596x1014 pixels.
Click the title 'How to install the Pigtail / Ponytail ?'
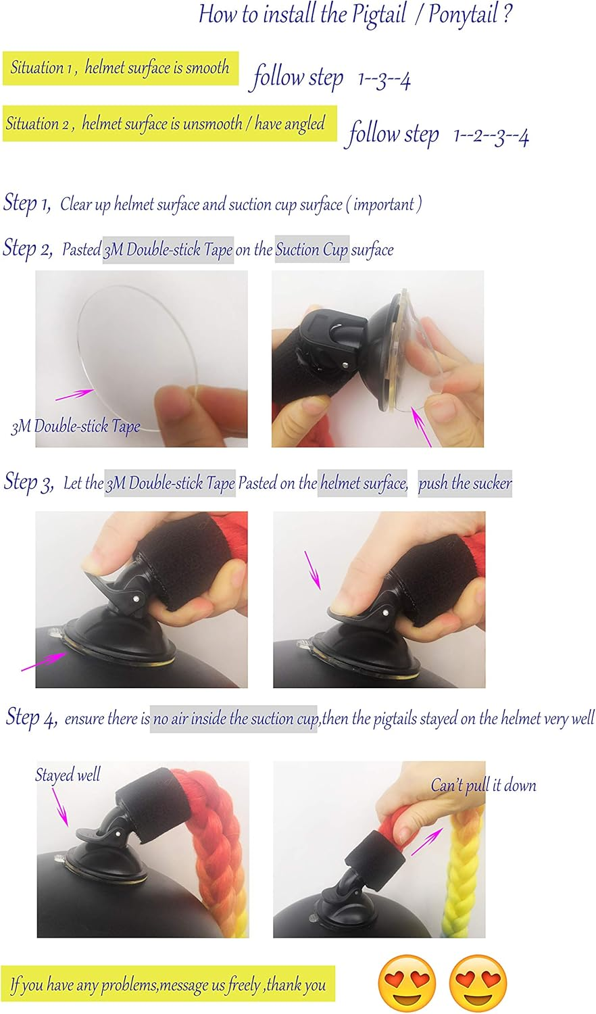tap(355, 15)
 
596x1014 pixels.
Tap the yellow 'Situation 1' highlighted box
tap(120, 68)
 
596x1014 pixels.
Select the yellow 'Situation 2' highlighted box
tap(169, 124)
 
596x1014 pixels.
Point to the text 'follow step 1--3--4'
tap(331, 78)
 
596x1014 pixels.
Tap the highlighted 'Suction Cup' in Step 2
tap(312, 250)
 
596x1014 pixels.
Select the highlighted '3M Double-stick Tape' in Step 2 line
tap(168, 250)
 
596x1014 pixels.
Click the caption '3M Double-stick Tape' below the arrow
tap(76, 427)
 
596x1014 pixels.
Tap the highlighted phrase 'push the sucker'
tap(465, 484)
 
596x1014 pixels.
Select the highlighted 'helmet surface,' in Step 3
tap(364, 484)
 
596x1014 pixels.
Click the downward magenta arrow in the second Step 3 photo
tap(312, 569)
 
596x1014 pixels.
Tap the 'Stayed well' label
tap(68, 775)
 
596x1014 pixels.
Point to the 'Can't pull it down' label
tap(483, 786)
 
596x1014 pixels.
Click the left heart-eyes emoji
tap(407, 984)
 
